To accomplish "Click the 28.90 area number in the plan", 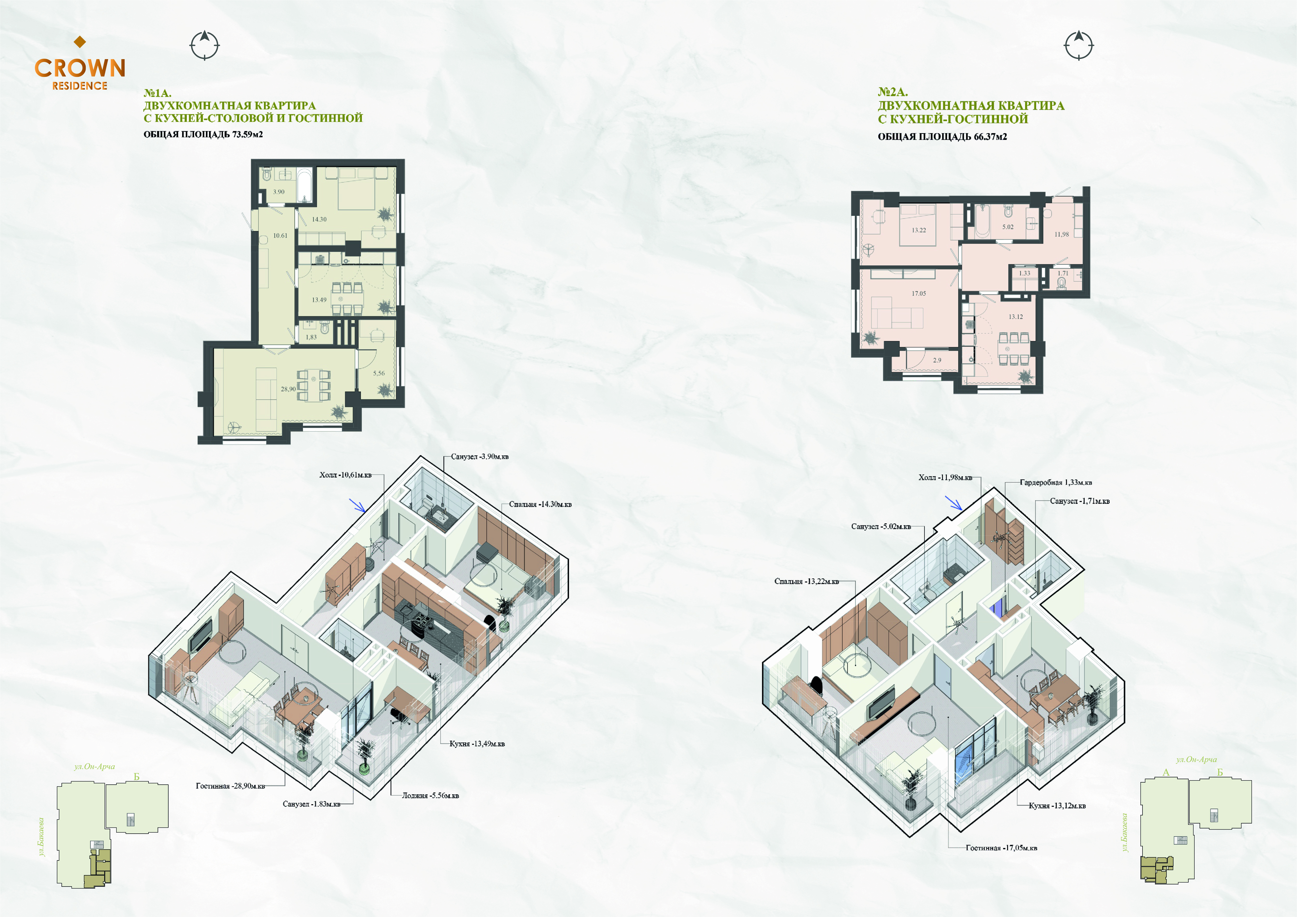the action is (288, 389).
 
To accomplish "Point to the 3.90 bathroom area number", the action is (279, 191).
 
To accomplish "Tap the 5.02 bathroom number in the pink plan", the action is (1008, 227).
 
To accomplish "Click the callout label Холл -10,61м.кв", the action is (345, 475).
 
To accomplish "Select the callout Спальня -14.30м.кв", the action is (540, 504).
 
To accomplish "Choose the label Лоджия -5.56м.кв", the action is (430, 796).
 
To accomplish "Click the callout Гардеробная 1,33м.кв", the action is (1056, 482).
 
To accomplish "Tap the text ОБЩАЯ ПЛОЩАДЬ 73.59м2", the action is (203, 134).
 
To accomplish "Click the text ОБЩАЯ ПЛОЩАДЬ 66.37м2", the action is (942, 137).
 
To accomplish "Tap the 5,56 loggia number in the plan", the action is (379, 373).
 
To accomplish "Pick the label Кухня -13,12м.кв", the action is (1057, 806).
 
